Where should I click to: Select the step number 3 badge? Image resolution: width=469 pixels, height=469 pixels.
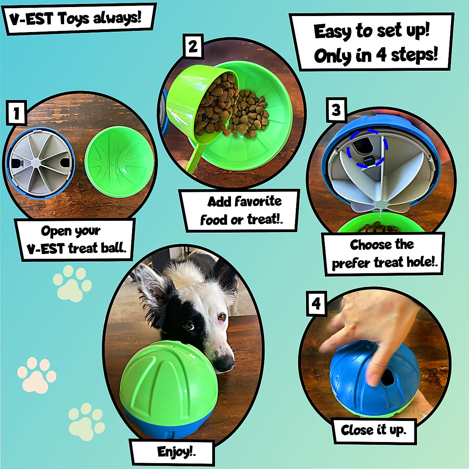pos(336,110)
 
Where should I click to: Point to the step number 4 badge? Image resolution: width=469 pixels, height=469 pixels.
pos(316,303)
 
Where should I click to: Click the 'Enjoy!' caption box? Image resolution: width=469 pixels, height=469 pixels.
pos(172,452)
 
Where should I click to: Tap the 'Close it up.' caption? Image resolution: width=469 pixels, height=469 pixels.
pos(374,430)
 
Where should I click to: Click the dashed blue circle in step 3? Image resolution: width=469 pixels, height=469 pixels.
pos(367,149)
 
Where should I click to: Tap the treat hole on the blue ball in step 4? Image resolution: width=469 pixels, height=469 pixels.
pos(388,378)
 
